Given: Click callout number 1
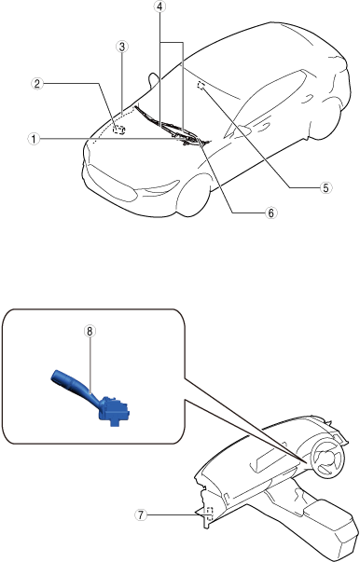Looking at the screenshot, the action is point(34,139).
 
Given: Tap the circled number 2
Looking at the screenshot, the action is point(37,84).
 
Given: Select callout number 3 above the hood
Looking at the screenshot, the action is point(122,47).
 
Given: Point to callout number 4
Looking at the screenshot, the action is point(160,7).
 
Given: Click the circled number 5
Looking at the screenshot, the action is point(325,187).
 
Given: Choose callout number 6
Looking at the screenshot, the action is point(270,212).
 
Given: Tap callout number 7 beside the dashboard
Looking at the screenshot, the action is point(141,515).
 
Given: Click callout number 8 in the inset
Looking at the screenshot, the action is point(90,331).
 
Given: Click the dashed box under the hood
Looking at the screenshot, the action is point(118,130).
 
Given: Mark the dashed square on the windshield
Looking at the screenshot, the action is point(201,86).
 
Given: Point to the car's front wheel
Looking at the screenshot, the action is point(194,198).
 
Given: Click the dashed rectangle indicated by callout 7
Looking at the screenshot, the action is point(210,514).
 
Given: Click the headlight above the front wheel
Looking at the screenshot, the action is point(161,187).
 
